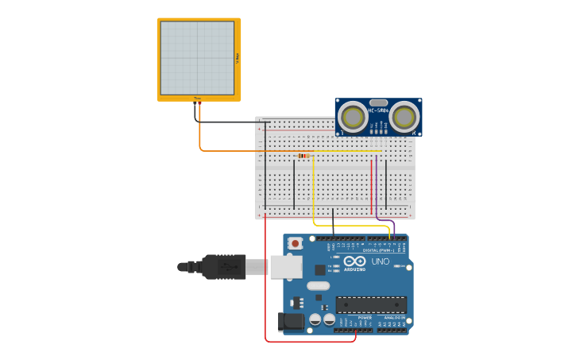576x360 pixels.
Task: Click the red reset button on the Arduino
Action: click(296, 243)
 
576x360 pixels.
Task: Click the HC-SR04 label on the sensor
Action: click(378, 110)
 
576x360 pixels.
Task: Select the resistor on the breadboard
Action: click(303, 156)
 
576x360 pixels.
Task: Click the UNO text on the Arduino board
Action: click(381, 261)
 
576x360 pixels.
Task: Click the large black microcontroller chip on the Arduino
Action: click(370, 304)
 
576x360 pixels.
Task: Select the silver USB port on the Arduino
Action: click(285, 266)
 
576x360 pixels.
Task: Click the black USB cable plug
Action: click(223, 266)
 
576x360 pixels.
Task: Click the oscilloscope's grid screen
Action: click(197, 58)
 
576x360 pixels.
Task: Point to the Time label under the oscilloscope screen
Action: click(197, 99)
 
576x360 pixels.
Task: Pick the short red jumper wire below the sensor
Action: click(371, 187)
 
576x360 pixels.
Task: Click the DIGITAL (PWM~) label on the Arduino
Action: click(378, 250)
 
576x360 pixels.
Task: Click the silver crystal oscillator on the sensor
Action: click(378, 103)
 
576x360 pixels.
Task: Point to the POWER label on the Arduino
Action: click(364, 318)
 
